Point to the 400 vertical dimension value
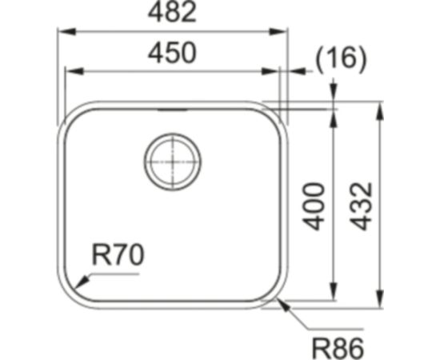(x=316, y=206)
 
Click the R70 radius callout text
(x=118, y=256)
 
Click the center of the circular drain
(x=172, y=161)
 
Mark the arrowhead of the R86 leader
(x=279, y=302)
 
